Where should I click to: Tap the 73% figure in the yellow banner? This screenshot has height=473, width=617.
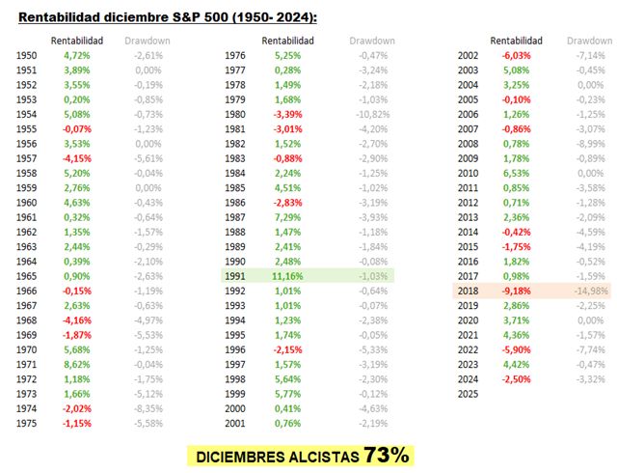coord(387,455)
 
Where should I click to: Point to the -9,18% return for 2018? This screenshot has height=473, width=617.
coord(516,290)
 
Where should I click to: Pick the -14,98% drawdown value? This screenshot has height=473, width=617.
coord(590,290)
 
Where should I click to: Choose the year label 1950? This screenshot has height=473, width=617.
coord(28,56)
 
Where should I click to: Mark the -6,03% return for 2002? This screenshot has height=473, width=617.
coord(516,56)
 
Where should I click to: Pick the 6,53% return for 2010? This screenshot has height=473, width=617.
coord(516,173)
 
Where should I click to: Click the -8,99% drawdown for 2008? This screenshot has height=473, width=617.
coord(591,144)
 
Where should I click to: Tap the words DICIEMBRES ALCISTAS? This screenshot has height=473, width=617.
coord(277,456)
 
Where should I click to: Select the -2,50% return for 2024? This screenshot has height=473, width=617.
coord(516,379)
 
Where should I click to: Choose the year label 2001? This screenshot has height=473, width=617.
coord(235,424)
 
